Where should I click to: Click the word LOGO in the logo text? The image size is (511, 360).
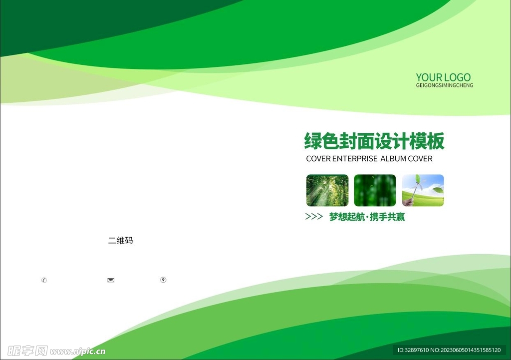point(457,77)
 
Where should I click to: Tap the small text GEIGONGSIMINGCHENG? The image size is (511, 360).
point(444,86)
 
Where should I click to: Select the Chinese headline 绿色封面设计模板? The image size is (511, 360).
point(374,141)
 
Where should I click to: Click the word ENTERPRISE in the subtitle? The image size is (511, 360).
point(355,159)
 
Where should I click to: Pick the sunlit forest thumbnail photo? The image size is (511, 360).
point(327,190)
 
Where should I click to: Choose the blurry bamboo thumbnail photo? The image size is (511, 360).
point(375,190)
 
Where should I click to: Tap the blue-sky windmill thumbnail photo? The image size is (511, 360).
point(423,190)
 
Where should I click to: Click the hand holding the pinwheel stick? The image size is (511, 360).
point(409,202)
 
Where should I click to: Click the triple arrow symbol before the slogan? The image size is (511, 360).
point(313,217)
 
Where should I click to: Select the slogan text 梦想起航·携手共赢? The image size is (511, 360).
point(367,217)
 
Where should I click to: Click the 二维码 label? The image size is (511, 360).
point(120,241)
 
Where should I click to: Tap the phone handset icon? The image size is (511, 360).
point(44,280)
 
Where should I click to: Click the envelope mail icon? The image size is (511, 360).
point(111,280)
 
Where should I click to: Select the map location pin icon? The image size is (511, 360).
point(163,280)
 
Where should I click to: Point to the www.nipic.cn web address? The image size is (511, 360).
point(78,351)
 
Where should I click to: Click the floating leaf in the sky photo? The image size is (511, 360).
point(437,189)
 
